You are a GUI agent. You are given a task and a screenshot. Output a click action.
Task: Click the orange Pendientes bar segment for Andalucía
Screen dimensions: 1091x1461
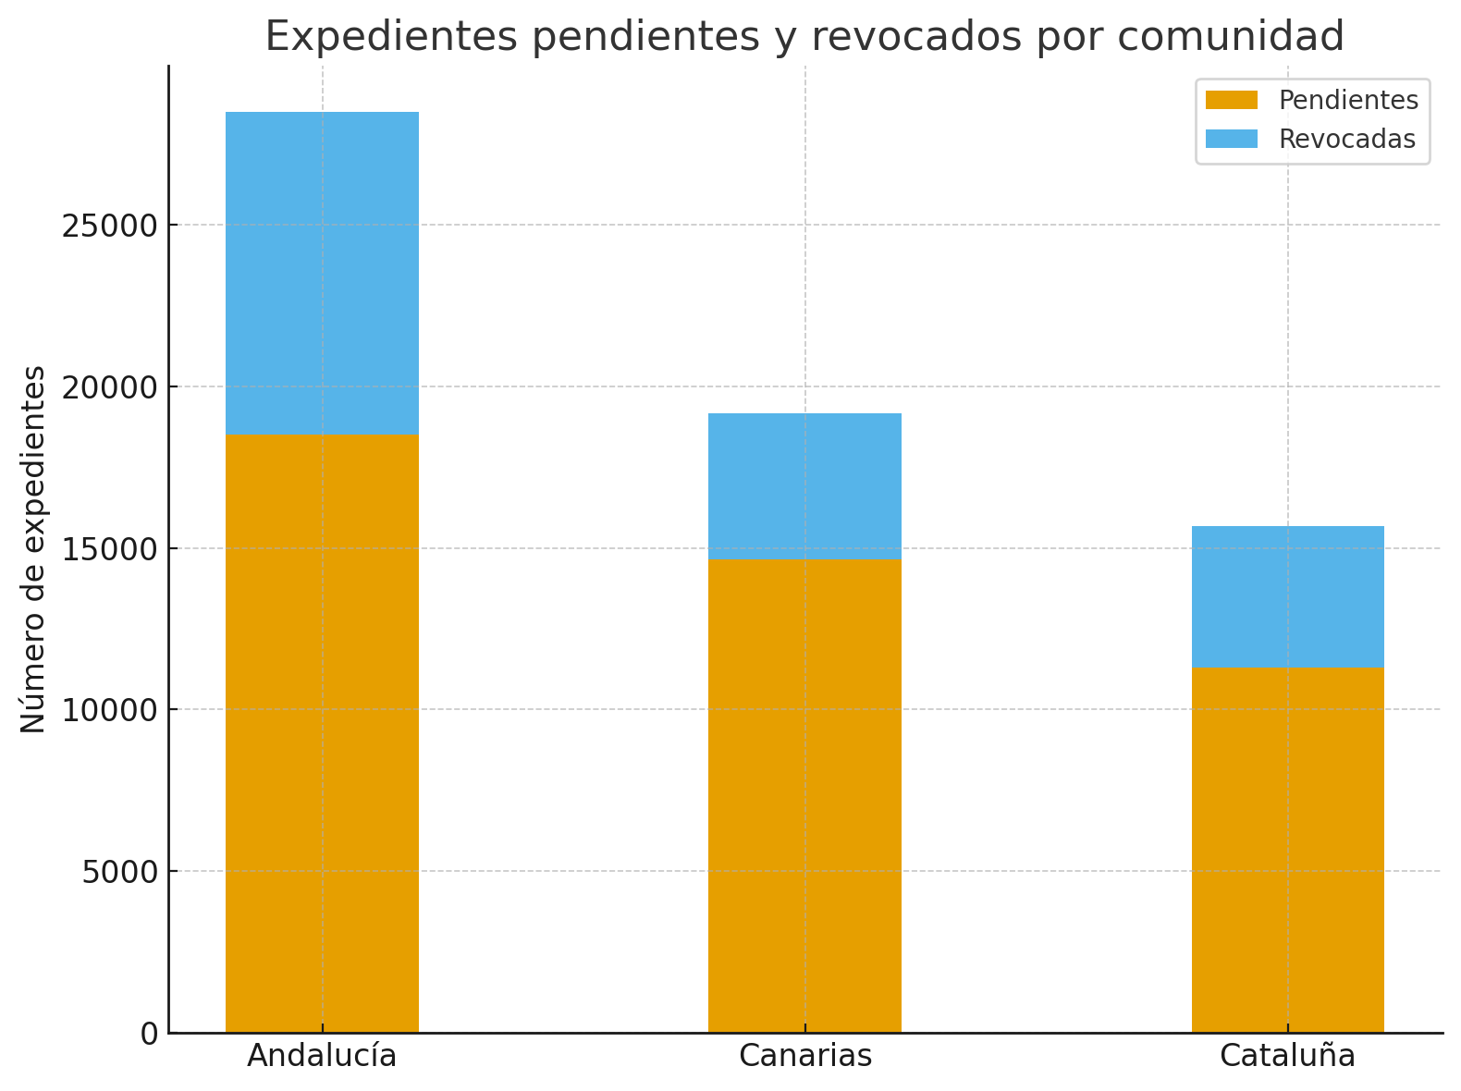pos(322,732)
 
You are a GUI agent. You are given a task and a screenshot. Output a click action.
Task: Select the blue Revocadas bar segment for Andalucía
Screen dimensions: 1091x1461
pos(322,273)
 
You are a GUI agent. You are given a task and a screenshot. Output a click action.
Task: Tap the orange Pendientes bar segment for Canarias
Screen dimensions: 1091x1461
pos(804,795)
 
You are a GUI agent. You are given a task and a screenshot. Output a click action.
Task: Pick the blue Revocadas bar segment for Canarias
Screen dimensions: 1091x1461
pos(804,486)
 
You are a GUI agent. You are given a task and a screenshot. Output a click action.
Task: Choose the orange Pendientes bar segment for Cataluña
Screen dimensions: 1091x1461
pos(1287,849)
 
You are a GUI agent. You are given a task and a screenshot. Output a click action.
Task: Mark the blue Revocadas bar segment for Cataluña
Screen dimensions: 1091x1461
pos(1287,596)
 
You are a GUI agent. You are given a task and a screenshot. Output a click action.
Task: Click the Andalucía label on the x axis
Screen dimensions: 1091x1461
pos(322,1056)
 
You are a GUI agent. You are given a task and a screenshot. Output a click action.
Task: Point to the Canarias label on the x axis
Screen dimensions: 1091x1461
pos(804,1056)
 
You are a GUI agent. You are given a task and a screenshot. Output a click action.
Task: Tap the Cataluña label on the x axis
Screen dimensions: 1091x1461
pos(1287,1056)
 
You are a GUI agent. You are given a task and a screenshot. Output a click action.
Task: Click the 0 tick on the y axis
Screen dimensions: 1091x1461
pos(149,1034)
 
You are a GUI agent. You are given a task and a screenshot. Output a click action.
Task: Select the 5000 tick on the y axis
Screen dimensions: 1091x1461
pos(119,872)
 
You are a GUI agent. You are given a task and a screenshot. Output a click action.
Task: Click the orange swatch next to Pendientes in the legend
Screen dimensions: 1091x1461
pos(1232,100)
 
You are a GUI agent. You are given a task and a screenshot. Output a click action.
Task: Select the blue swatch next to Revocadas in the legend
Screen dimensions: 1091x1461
pos(1232,139)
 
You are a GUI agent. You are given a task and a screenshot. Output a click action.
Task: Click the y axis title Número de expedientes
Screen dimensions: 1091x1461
pos(34,549)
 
